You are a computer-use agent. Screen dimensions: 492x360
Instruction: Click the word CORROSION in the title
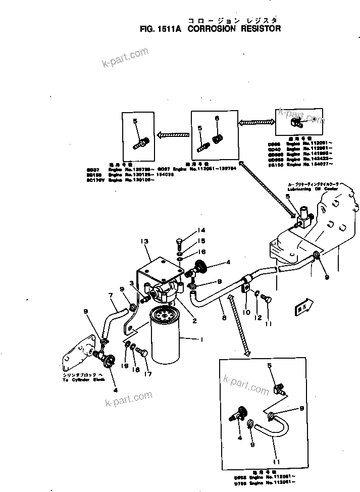tap(211, 29)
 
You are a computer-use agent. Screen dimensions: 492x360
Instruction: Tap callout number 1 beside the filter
tap(201, 340)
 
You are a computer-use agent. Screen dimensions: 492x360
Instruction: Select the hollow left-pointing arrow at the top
tap(172, 135)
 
